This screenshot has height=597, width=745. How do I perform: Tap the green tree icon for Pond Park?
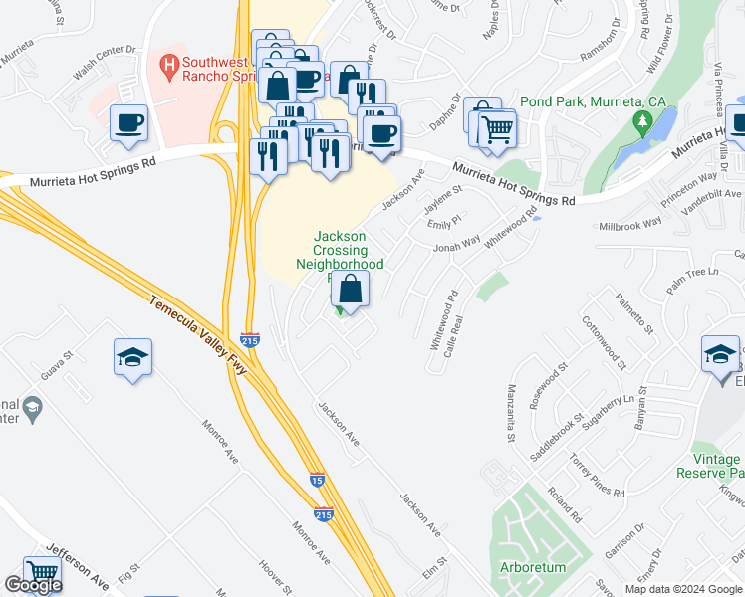click(x=643, y=124)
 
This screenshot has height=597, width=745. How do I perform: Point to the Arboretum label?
click(x=532, y=567)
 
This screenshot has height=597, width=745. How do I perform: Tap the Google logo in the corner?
click(x=33, y=585)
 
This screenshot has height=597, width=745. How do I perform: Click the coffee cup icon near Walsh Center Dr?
click(x=129, y=124)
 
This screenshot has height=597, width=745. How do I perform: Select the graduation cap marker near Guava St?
click(x=131, y=357)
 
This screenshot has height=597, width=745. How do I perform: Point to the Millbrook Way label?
click(x=629, y=226)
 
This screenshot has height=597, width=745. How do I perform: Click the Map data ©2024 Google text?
click(x=683, y=589)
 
